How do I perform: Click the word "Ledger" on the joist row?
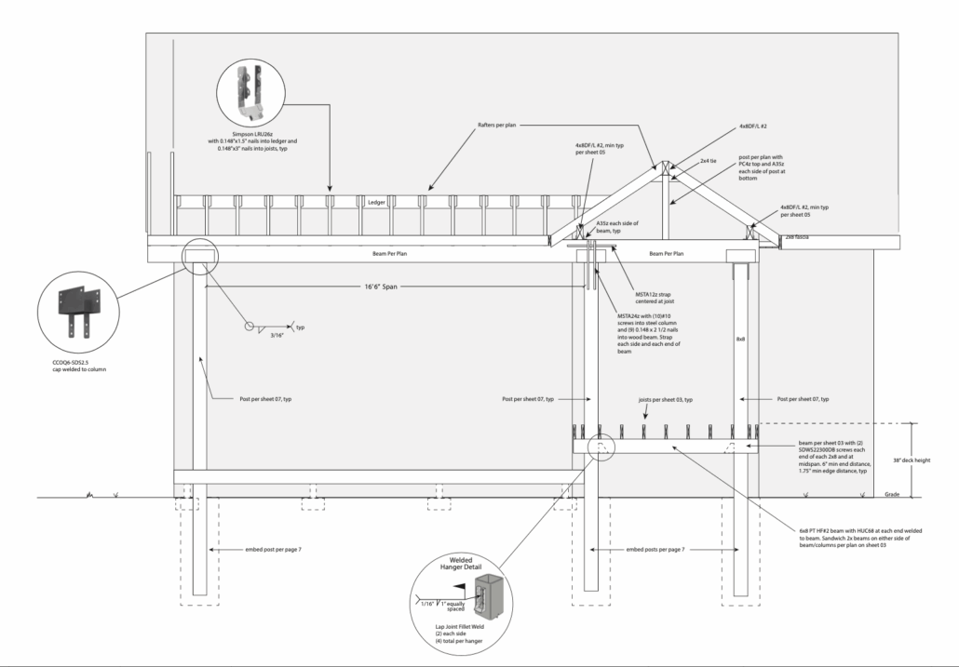click(376, 202)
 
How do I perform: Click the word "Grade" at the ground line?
click(891, 494)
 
